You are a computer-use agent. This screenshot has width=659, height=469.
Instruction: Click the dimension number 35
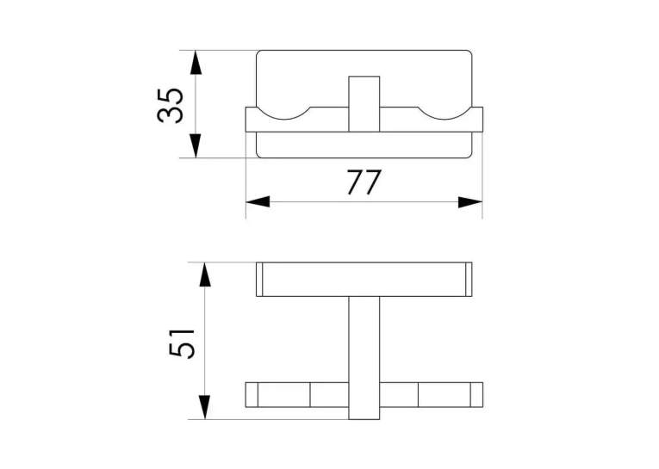point(171,105)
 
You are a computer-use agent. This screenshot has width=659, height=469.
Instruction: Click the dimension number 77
point(364,182)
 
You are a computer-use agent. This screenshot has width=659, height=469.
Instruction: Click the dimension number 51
point(182,342)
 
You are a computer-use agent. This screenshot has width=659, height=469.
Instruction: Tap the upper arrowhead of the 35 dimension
point(196,63)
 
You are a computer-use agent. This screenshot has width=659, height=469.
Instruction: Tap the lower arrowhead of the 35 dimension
point(196,145)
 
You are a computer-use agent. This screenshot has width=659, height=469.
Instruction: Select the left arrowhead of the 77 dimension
point(258,201)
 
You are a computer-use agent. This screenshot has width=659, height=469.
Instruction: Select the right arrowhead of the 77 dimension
point(470,202)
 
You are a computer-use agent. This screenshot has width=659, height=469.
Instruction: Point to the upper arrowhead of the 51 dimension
point(204,275)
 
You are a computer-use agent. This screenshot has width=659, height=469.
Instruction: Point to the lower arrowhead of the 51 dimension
point(204,407)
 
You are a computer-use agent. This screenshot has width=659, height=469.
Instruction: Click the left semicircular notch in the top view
point(283,118)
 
